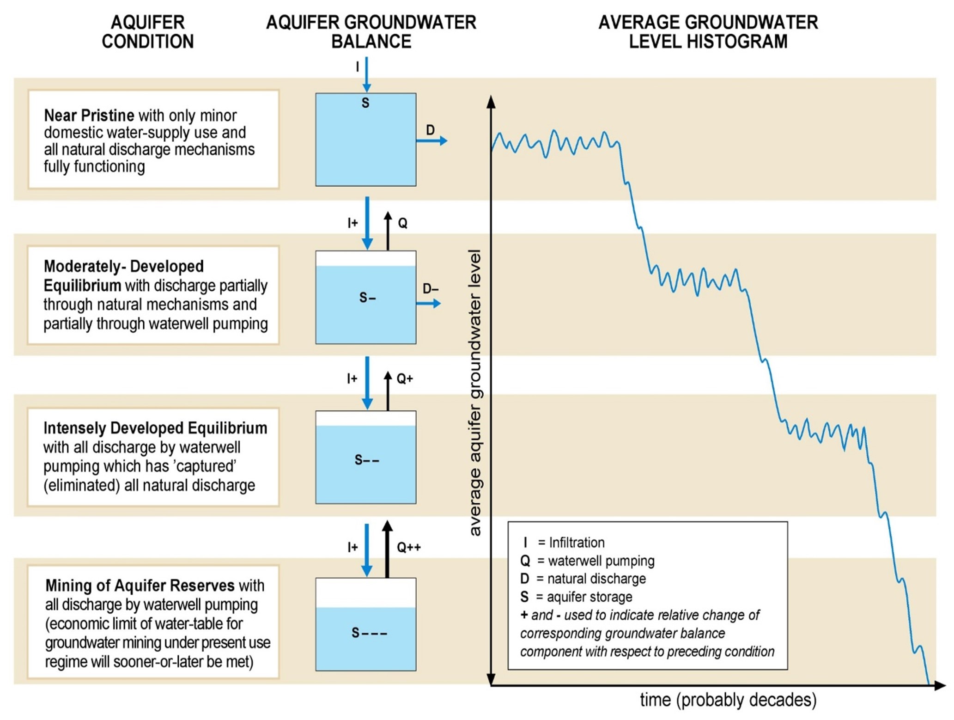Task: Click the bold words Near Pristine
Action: point(89,115)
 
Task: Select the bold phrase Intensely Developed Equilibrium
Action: point(155,428)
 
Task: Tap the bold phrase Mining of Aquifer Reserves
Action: point(140,586)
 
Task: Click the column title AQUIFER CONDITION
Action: point(147,32)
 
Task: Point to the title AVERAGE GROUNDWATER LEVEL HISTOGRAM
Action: point(708,32)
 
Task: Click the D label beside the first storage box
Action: point(430,130)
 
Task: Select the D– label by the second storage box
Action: point(431,289)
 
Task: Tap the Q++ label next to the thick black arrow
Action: point(409,548)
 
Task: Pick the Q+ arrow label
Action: point(405,379)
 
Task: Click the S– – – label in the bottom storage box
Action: point(369,633)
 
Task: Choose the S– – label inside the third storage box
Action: point(367,460)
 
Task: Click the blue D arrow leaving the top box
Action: point(431,140)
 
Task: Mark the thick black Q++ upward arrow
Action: point(388,550)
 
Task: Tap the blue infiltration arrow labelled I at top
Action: point(367,74)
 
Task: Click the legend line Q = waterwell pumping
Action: point(587,561)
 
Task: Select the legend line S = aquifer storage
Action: point(576,597)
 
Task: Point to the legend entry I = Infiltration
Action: point(564,543)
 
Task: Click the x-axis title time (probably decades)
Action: point(728,700)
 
